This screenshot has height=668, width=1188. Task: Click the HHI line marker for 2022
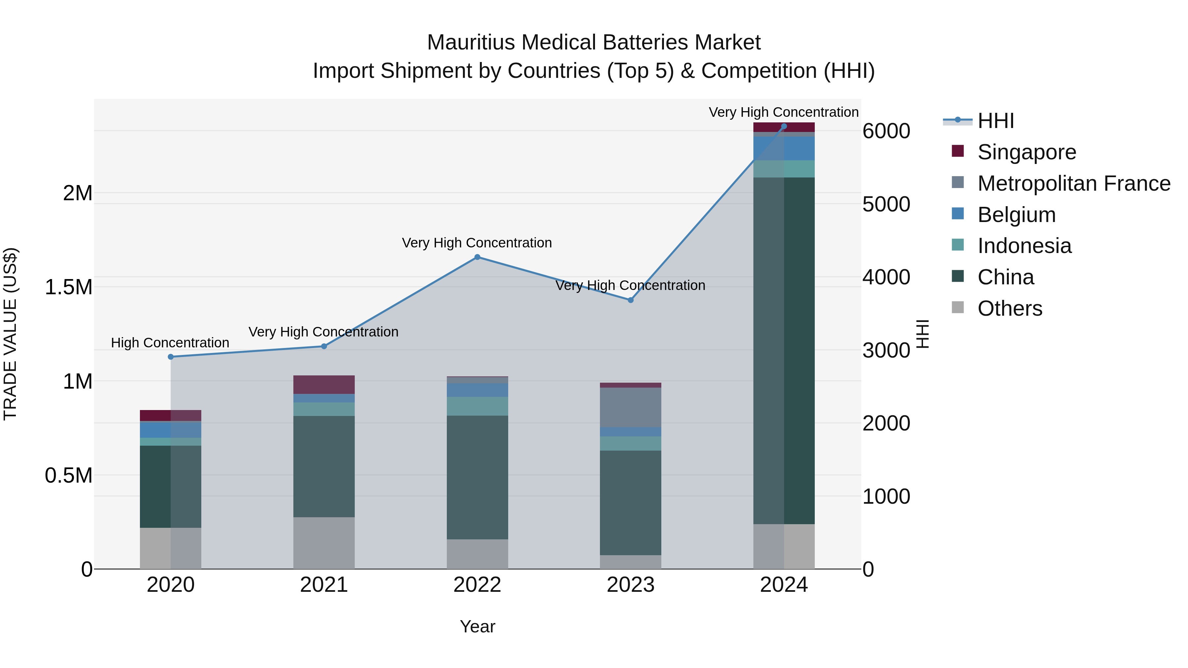[x=477, y=257]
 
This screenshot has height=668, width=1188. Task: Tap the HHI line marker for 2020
[x=171, y=357]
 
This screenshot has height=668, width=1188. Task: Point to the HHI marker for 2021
[x=324, y=346]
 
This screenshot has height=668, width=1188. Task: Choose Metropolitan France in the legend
[x=1073, y=183]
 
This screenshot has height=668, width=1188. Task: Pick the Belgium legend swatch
[x=958, y=214]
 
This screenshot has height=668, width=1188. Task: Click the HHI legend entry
[x=995, y=121]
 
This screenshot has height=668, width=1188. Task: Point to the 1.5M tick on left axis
[x=69, y=287]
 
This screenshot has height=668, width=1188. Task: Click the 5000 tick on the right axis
[x=886, y=204]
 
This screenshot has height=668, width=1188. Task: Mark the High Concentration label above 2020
[x=170, y=343]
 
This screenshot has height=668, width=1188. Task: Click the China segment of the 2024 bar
[x=784, y=350]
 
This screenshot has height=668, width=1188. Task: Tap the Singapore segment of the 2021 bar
[x=324, y=385]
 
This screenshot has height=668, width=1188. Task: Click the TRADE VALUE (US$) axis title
[x=11, y=334]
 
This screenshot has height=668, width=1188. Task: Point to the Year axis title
[x=477, y=626]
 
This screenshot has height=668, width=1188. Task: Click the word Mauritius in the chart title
[x=470, y=43]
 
